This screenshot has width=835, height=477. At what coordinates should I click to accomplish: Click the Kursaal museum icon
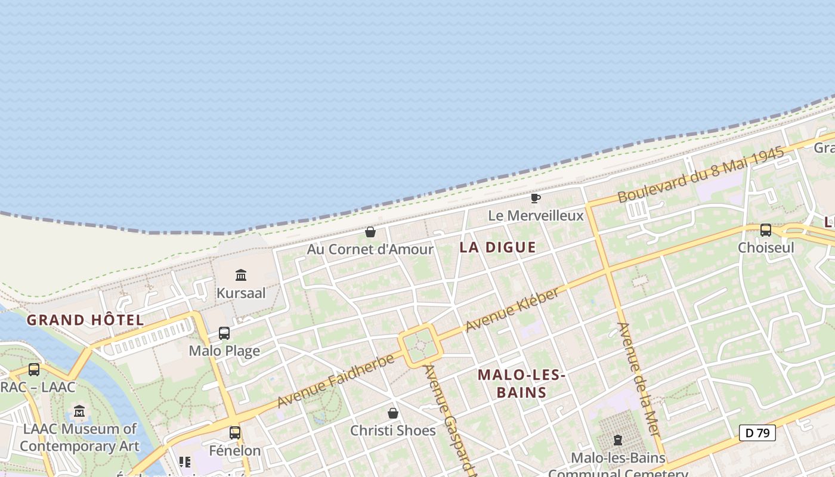click(x=241, y=275)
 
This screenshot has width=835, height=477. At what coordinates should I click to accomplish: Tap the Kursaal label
click(x=241, y=293)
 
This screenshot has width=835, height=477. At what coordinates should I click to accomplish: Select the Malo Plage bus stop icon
click(x=224, y=333)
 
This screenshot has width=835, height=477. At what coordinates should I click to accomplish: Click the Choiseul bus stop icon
click(x=766, y=230)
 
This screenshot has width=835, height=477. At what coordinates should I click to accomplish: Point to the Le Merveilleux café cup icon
click(x=535, y=198)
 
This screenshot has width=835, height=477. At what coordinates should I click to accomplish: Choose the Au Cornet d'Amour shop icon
click(x=370, y=232)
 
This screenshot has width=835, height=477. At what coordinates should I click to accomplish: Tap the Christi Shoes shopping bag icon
click(x=393, y=413)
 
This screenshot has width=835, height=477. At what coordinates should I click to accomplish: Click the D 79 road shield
click(x=757, y=433)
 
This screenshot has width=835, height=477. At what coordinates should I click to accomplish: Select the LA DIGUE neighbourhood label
click(x=498, y=247)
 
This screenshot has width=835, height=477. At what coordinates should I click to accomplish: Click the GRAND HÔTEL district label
click(x=85, y=320)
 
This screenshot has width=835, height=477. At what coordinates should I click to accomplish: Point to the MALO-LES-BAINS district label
click(x=521, y=383)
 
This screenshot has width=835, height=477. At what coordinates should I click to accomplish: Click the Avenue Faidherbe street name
click(x=336, y=380)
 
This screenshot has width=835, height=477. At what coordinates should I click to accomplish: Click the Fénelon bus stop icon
click(x=235, y=432)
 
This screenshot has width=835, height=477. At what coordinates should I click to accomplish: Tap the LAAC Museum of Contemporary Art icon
click(x=79, y=411)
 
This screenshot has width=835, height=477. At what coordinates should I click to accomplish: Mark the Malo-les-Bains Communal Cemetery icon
click(x=618, y=440)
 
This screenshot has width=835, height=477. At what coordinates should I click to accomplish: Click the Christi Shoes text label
click(x=393, y=430)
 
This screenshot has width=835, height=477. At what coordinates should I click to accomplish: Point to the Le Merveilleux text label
click(x=536, y=216)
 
